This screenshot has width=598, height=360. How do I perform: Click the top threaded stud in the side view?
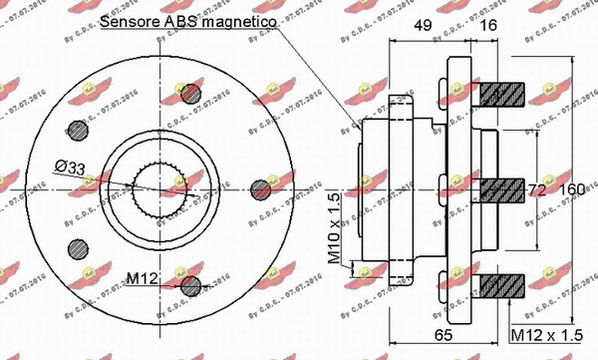[502, 96]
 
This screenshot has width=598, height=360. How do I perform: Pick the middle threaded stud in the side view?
[502, 188]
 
